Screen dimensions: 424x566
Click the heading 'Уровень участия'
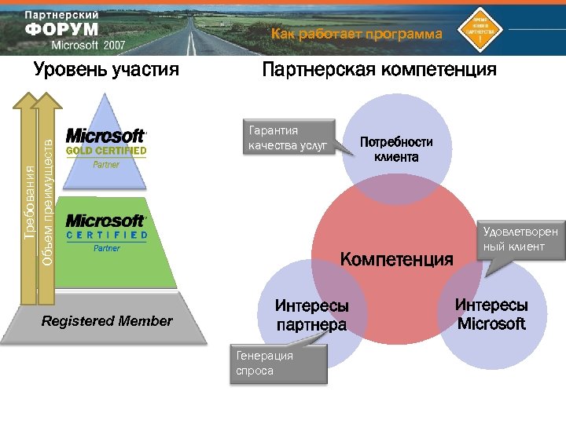pyautogui.click(x=107, y=70)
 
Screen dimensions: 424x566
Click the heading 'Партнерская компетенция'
pyautogui.click(x=379, y=70)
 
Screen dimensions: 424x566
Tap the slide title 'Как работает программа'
pyautogui.click(x=357, y=34)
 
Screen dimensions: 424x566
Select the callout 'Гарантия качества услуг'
pyautogui.click(x=288, y=137)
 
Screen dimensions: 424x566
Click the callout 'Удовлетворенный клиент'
pyautogui.click(x=520, y=239)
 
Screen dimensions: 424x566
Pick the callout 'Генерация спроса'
pyautogui.click(x=277, y=363)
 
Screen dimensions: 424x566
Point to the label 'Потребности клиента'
pyautogui.click(x=396, y=149)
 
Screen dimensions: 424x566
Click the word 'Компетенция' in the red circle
pyautogui.click(x=396, y=258)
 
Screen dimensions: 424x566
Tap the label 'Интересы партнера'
pyautogui.click(x=311, y=315)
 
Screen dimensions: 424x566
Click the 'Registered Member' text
pyautogui.click(x=107, y=320)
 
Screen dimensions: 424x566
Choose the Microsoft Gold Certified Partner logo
pyautogui.click(x=106, y=147)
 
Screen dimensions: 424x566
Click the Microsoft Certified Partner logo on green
pyautogui.click(x=106, y=232)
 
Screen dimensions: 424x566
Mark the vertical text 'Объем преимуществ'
pyautogui.click(x=47, y=201)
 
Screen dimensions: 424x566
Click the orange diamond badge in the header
pyautogui.click(x=480, y=27)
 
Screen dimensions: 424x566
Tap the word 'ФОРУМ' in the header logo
pyautogui.click(x=61, y=30)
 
